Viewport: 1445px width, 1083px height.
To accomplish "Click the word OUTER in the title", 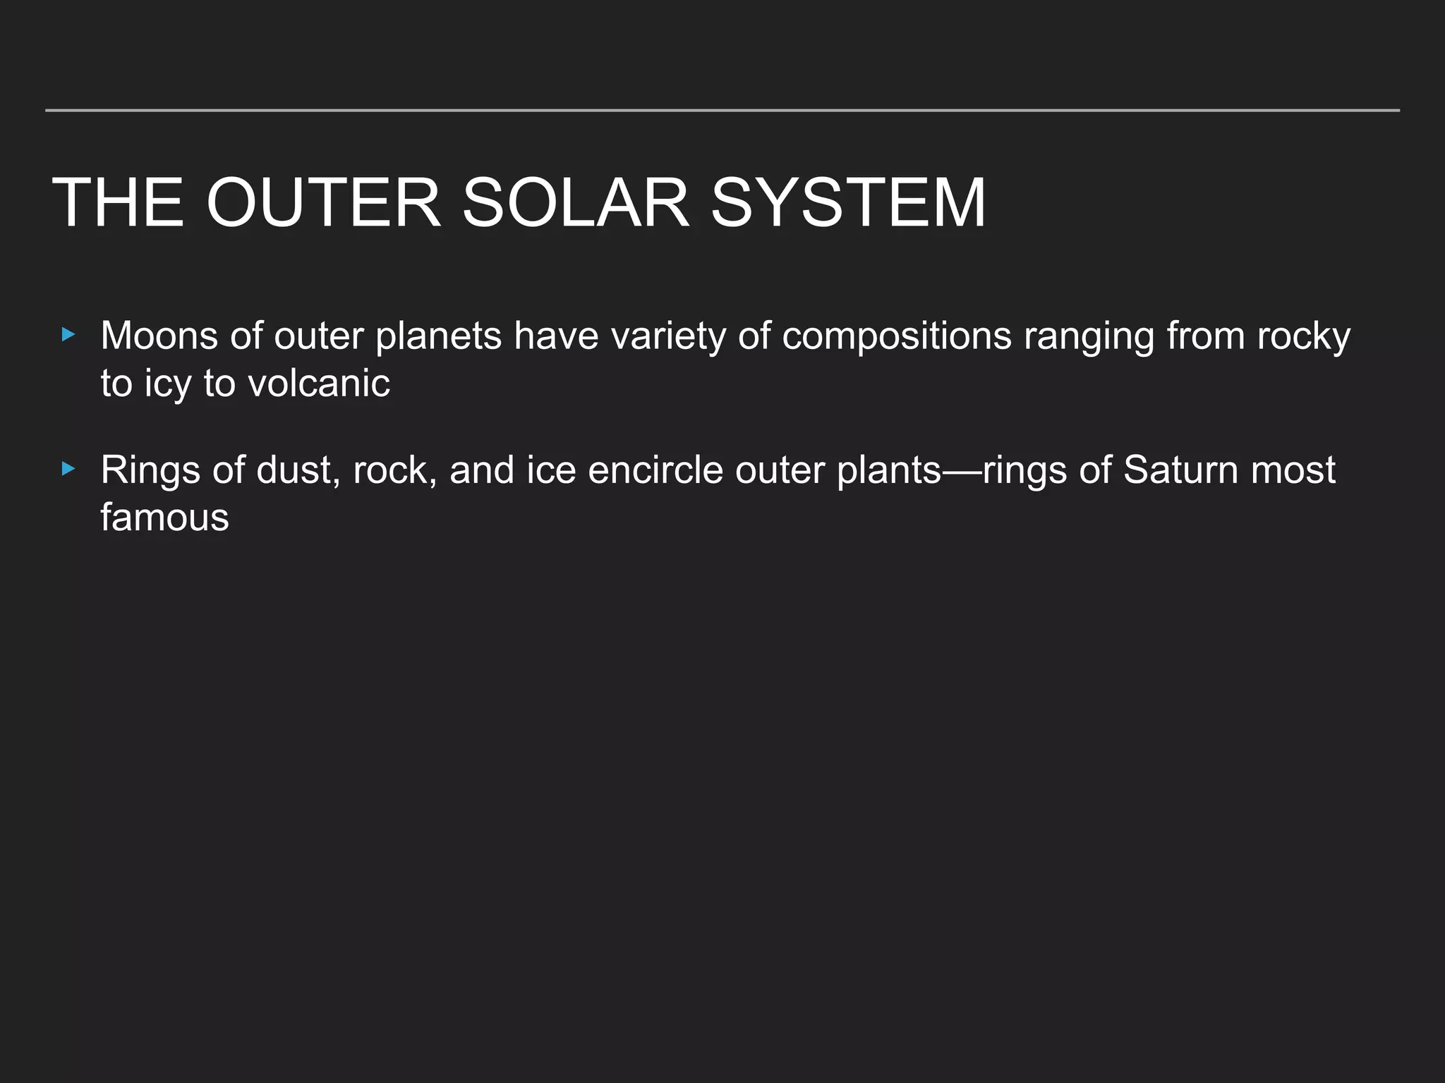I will (324, 203).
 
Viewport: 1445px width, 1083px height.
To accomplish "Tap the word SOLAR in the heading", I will (575, 203).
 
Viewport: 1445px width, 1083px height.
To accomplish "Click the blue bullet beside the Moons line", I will (68, 335).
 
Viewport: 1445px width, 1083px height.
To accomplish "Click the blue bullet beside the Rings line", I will (68, 469).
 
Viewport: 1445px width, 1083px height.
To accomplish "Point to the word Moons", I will (159, 336).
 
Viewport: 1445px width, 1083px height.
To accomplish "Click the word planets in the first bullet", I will (438, 336).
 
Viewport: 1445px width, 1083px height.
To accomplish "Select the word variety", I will (668, 336).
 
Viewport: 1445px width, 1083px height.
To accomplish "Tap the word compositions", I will (897, 336).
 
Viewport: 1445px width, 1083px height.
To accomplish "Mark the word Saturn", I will (1180, 470).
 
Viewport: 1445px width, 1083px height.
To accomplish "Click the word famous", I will (164, 518).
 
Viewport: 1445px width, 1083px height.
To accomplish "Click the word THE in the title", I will (118, 203).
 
